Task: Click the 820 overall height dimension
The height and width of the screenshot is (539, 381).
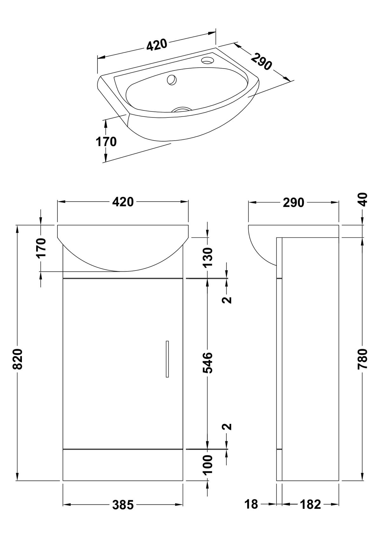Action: [x=18, y=359]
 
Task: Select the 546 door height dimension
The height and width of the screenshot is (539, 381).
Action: [x=207, y=363]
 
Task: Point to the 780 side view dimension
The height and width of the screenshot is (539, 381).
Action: [x=363, y=359]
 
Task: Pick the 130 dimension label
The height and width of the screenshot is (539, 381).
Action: [x=207, y=257]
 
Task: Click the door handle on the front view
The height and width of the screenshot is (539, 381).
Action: [x=167, y=359]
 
